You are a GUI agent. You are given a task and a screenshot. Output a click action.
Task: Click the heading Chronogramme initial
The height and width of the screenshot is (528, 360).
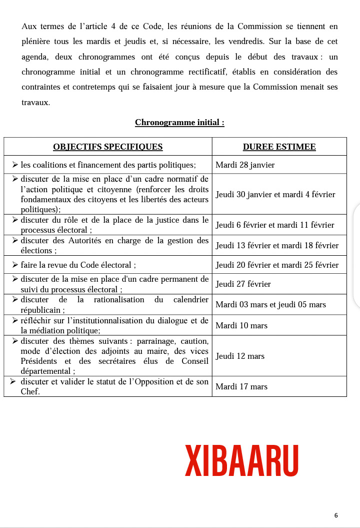(x=179, y=123)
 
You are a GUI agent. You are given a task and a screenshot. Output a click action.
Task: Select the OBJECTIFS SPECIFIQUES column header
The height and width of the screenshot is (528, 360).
(x=107, y=147)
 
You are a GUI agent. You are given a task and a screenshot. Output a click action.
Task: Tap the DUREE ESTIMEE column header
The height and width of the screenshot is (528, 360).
(x=279, y=147)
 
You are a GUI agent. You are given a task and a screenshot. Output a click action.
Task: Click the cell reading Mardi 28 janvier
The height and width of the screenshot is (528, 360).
(x=245, y=165)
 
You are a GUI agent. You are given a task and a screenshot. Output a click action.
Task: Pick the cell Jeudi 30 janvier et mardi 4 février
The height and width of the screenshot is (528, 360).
(x=275, y=194)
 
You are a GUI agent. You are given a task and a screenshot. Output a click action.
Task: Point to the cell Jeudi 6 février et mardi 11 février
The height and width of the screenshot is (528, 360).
(x=274, y=225)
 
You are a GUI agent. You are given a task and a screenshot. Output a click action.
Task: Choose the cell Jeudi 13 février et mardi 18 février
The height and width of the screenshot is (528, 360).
(x=277, y=246)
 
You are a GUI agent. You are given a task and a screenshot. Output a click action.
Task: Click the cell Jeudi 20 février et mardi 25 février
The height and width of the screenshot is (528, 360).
(x=277, y=265)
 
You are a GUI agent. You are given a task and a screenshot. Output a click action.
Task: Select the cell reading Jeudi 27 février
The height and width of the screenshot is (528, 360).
(x=243, y=284)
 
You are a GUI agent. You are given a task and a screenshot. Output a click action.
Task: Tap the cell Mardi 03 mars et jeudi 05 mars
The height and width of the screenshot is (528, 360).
(x=270, y=305)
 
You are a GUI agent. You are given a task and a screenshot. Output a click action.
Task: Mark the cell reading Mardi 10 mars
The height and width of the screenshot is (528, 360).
(x=241, y=326)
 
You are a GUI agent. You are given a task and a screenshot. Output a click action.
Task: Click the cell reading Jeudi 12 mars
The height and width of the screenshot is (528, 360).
(x=240, y=356)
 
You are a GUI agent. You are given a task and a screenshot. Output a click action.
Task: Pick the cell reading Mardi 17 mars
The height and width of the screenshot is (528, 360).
(x=241, y=387)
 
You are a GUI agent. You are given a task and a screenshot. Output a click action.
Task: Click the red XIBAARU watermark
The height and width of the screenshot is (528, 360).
(x=242, y=460)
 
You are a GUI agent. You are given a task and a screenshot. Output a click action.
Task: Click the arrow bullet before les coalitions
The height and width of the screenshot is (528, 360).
(x=15, y=164)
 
